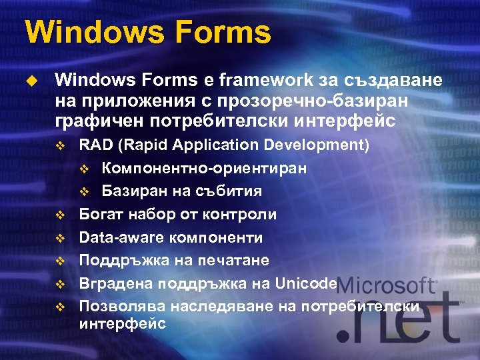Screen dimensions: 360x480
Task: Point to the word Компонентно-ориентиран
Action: point(204,168)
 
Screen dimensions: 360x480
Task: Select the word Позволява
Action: point(122,306)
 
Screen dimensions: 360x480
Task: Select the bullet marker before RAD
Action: point(59,145)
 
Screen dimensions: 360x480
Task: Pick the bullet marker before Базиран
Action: point(84,192)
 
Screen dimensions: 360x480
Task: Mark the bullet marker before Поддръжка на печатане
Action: point(59,261)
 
